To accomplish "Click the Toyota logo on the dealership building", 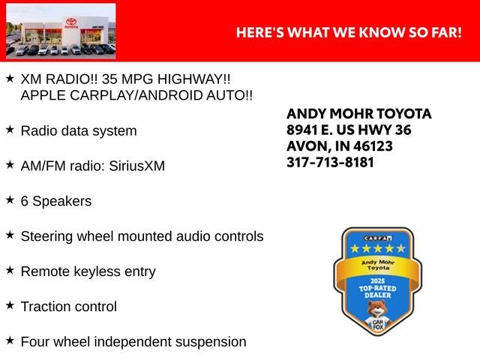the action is [x=71, y=22].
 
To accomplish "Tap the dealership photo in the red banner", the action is [x=61, y=31].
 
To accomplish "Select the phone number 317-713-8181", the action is [x=330, y=162].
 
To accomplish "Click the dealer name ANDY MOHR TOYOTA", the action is [x=359, y=114].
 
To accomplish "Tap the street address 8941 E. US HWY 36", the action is [x=349, y=130].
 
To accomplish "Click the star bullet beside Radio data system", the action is [x=10, y=130].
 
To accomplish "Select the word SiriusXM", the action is [x=136, y=166].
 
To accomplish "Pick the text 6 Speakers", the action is [x=56, y=201].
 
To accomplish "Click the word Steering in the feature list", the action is [x=46, y=237].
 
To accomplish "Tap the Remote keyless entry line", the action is [x=88, y=271].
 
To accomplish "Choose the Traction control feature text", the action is [x=69, y=307].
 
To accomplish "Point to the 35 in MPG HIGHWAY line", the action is [x=109, y=79].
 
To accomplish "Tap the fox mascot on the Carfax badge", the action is [x=377, y=316].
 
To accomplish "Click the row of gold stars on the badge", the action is [x=378, y=248].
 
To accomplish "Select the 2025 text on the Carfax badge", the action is [x=377, y=281].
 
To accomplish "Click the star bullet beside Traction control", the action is [x=10, y=305].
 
